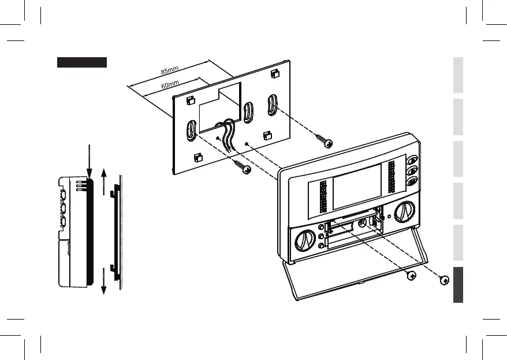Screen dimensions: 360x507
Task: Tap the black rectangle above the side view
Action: [81, 62]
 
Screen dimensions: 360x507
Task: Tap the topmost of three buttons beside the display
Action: [412, 161]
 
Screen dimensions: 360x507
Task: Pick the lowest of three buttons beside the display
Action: [412, 181]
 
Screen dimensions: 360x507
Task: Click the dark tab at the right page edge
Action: [458, 285]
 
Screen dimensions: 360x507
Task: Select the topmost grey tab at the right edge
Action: [458, 75]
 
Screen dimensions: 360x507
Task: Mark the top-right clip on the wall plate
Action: [274, 74]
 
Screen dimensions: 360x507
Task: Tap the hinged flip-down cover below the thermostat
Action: [358, 277]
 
